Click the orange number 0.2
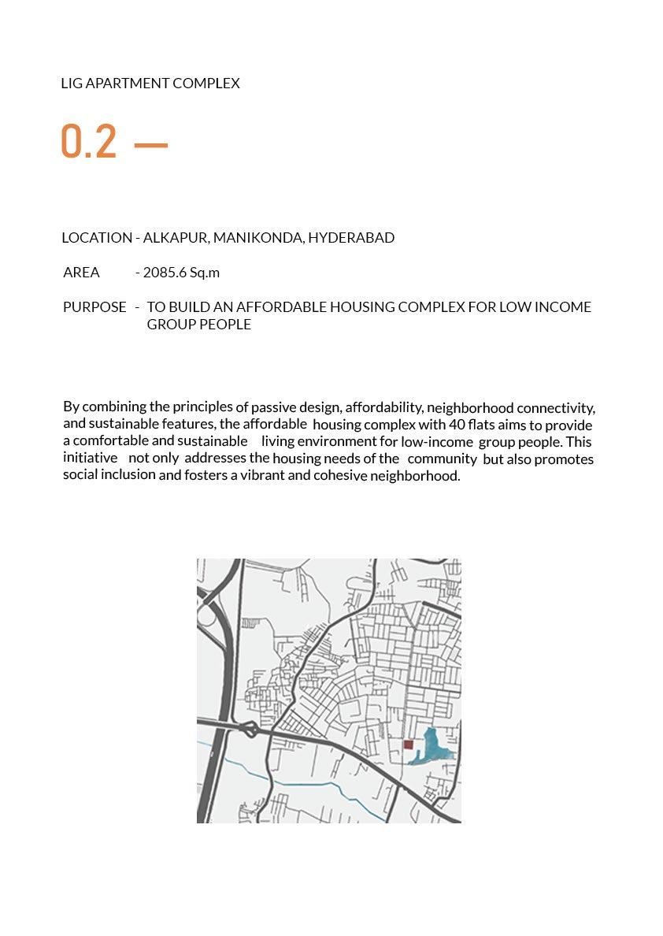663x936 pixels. coord(89,142)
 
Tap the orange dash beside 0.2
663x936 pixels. coord(151,145)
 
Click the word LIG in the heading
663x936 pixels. coord(71,83)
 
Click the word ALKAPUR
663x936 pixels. coord(175,237)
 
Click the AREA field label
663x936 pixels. coord(81,273)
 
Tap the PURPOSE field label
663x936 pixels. coord(94,306)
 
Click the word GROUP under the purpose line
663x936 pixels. coord(172,324)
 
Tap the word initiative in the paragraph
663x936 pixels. coord(90,458)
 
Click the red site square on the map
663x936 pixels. coord(408,745)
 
